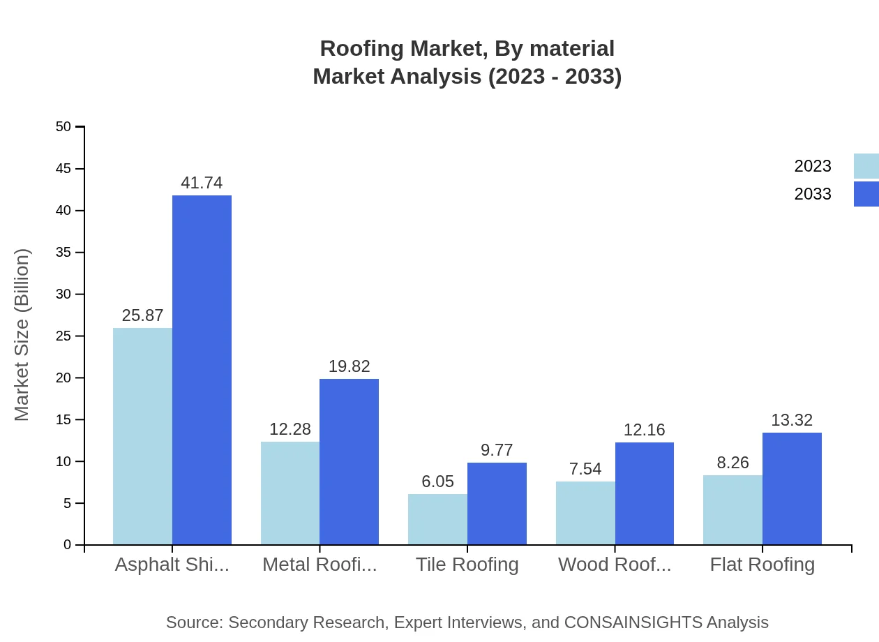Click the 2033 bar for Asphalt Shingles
[x=202, y=370]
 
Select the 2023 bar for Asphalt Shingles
[x=142, y=436]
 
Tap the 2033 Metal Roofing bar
[x=349, y=461]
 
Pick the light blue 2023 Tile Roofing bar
[x=437, y=519]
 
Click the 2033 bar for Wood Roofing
[x=645, y=493]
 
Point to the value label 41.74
[x=202, y=183]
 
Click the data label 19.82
[x=349, y=366]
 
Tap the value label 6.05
[x=437, y=481]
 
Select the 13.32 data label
[x=792, y=420]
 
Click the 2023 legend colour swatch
[x=866, y=166]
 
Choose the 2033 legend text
[x=813, y=194]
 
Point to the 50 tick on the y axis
[x=63, y=127]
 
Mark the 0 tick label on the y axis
[x=67, y=545]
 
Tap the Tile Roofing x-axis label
[x=467, y=565]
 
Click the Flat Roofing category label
[x=762, y=565]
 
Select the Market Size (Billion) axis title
[x=22, y=335]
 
